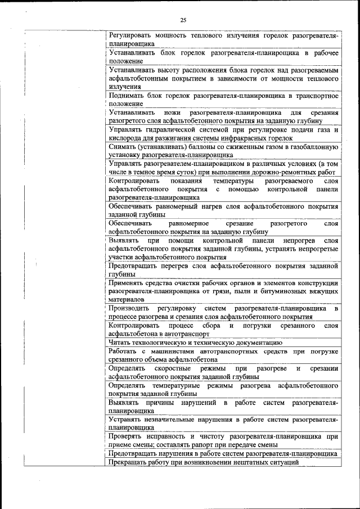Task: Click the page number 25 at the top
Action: tap(183, 20)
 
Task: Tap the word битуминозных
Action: tap(286, 291)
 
